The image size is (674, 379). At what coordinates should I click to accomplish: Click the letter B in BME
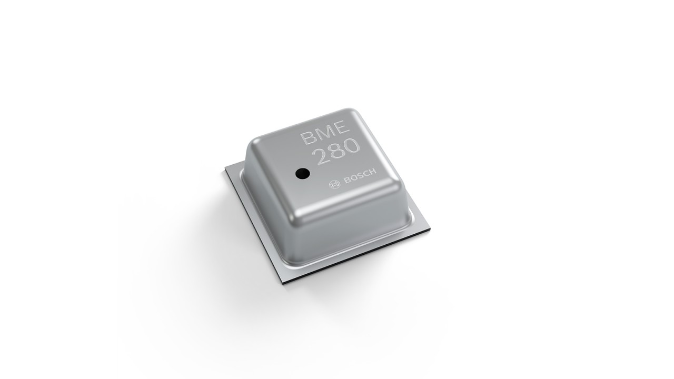(307, 137)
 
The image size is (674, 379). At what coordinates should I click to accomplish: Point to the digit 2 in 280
(321, 156)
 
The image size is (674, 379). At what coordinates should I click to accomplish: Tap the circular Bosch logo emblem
(334, 184)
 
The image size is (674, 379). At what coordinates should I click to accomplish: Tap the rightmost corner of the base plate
(430, 229)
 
